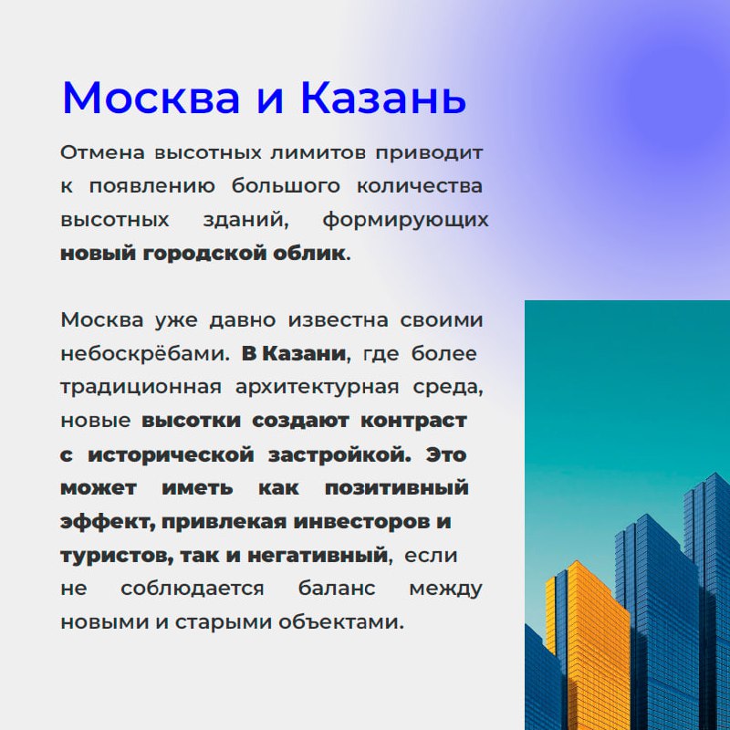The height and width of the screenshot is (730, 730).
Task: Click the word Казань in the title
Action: point(383,98)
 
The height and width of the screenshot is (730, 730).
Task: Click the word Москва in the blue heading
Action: point(151,98)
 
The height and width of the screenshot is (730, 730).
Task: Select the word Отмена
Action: point(102,152)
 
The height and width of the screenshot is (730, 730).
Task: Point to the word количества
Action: point(420,186)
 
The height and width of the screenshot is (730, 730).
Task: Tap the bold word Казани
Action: point(305,354)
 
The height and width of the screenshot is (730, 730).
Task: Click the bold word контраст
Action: point(413,421)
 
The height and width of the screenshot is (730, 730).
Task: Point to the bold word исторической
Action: point(171,454)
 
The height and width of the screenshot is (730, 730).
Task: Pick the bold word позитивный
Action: point(396,488)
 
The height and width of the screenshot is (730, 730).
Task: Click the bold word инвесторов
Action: point(361,522)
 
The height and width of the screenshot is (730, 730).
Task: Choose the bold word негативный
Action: point(317,556)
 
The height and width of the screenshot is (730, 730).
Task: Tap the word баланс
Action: point(336,589)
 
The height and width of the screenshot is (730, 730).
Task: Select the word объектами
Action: point(340,622)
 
